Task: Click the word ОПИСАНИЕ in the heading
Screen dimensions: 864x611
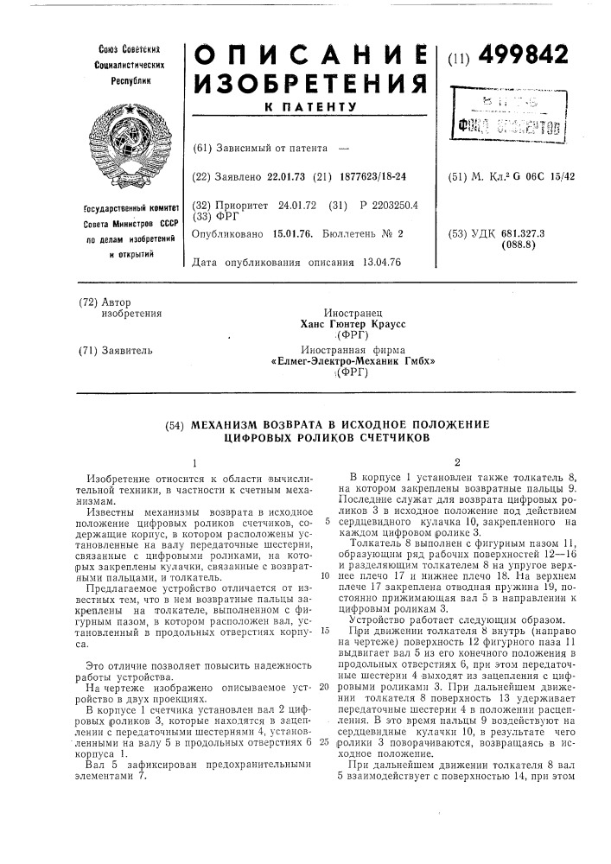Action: (306, 56)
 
